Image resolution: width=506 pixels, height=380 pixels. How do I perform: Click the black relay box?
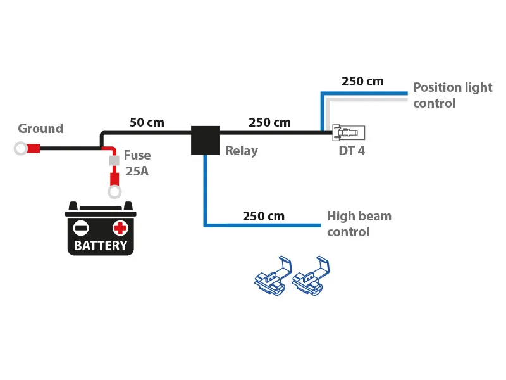[206, 140]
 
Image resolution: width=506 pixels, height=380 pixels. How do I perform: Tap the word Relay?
[242, 151]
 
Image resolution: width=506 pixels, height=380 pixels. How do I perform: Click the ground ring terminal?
[21, 149]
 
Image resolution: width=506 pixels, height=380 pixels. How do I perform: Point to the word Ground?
[40, 129]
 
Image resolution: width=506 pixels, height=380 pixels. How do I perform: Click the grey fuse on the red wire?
[114, 161]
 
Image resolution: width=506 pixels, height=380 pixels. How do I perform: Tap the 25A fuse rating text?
[137, 171]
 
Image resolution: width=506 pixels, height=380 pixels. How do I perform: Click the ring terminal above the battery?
[114, 192]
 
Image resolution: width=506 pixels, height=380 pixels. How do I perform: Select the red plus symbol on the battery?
[120, 227]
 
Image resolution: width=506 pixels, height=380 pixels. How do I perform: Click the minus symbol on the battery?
[81, 227]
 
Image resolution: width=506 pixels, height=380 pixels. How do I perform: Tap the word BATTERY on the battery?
[101, 246]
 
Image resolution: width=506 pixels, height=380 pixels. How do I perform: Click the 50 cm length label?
[147, 122]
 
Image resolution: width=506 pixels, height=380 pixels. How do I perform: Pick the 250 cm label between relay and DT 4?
[269, 122]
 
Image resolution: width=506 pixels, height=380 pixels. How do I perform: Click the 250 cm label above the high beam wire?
[263, 216]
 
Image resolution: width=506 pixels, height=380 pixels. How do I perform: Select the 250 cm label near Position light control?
[362, 82]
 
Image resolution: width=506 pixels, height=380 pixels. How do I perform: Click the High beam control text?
[358, 224]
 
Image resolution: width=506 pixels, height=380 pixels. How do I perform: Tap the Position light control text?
[452, 95]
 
